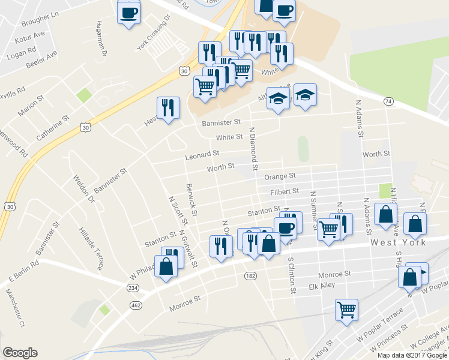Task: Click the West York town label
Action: point(398,242)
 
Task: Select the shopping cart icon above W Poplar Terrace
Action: point(346,310)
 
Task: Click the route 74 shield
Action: point(389,102)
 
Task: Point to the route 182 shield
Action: point(250,275)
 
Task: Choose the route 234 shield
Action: point(133,288)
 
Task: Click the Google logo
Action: point(20,353)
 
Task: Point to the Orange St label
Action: point(280,176)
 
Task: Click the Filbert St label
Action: point(284,191)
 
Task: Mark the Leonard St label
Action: point(202,155)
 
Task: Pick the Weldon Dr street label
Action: point(83,188)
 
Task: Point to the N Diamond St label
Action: point(253,148)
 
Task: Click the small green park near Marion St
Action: point(83,95)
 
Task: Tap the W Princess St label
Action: point(390,339)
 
